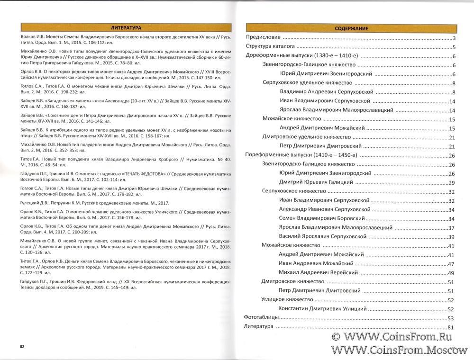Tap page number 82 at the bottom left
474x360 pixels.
click(x=22, y=347)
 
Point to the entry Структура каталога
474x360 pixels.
click(x=270, y=47)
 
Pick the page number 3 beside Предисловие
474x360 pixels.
click(x=454, y=38)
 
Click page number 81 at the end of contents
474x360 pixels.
click(x=451, y=327)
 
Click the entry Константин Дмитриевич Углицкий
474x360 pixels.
click(x=323, y=309)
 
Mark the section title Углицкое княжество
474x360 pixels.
click(x=287, y=300)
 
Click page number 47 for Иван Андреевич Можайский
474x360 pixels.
click(x=451, y=264)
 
